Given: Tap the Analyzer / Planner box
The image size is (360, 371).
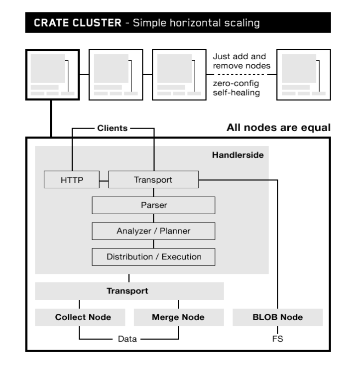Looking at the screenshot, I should point(153,231).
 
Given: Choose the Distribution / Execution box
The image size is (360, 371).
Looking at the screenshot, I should point(153,257).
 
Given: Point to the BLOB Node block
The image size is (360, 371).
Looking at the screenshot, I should point(277,317).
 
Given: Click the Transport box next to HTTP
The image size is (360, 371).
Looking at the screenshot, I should point(153,180).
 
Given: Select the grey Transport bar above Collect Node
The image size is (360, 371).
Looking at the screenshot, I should point(129,291).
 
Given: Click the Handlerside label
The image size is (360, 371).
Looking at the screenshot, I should point(238,155).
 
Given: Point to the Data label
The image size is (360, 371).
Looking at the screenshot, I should point(129,340).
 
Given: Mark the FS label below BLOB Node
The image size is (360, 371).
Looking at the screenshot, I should point(277,340).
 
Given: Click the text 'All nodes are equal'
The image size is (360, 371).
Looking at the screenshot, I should point(278,128).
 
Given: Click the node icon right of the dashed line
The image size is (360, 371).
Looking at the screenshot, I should point(302,74).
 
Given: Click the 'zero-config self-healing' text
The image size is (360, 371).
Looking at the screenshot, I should point(240,88).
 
